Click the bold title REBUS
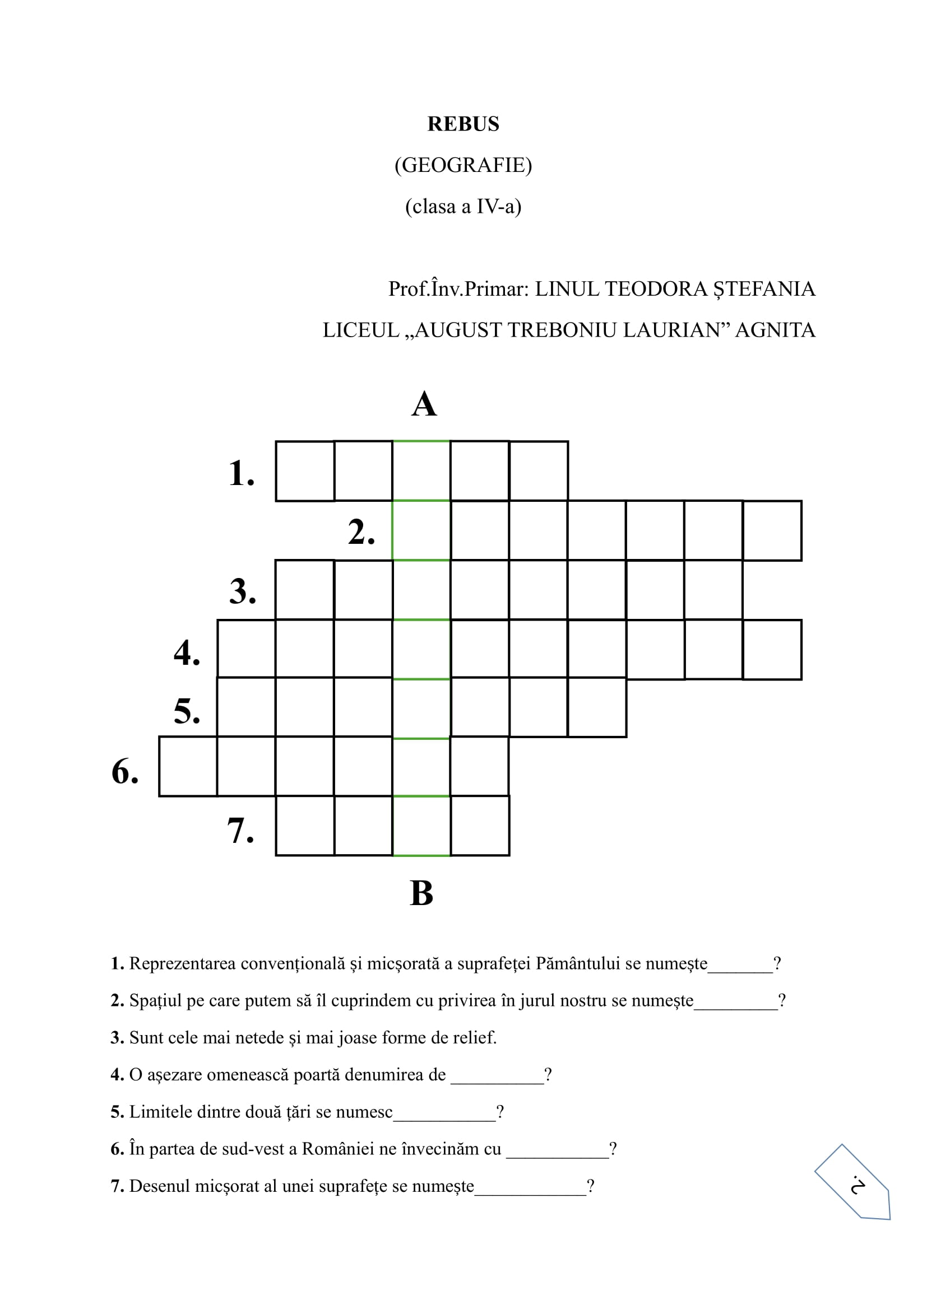tap(463, 124)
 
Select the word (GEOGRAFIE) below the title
tap(463, 165)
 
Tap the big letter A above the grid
tap(424, 404)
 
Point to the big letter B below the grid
tap(422, 893)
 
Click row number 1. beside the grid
tap(242, 473)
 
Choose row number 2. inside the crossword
tap(361, 532)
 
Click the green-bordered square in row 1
tap(421, 470)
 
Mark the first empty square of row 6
tap(188, 766)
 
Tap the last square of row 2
tap(772, 530)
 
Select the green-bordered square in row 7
tap(421, 826)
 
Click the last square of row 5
tap(597, 707)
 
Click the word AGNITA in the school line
tap(775, 330)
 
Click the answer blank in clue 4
tap(497, 1076)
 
